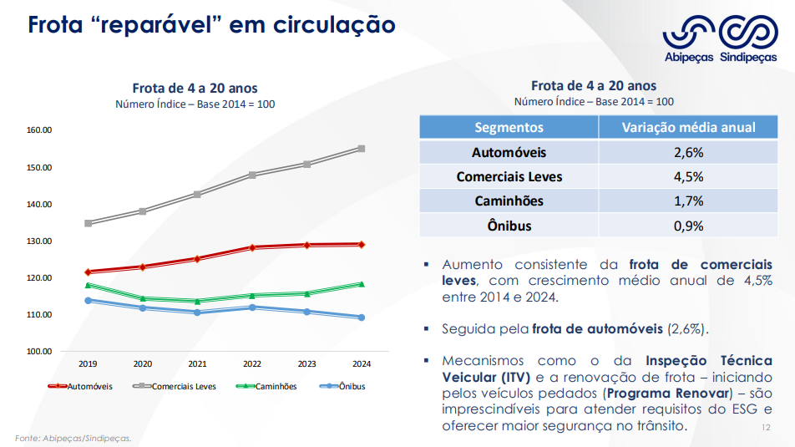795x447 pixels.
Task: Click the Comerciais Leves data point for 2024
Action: tap(361, 149)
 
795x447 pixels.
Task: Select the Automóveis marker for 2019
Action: tap(88, 272)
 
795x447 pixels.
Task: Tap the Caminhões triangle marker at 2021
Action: tap(197, 302)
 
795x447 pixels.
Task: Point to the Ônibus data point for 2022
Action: tap(252, 307)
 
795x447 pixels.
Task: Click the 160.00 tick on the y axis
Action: tap(39, 130)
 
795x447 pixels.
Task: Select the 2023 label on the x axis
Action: tap(306, 364)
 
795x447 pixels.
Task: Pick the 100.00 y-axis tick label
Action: tap(39, 352)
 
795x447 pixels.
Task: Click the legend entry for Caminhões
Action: tap(269, 387)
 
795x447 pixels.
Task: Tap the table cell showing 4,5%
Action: tap(688, 177)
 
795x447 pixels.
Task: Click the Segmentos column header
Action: tap(509, 128)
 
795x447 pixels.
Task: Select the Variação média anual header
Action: tap(688, 128)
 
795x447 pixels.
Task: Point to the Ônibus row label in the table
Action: tap(509, 226)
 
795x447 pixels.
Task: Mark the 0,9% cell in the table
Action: tap(688, 226)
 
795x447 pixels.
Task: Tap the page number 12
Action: tap(766, 427)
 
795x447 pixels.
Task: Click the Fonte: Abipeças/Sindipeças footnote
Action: tap(73, 438)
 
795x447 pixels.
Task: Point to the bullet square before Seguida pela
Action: tap(427, 329)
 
